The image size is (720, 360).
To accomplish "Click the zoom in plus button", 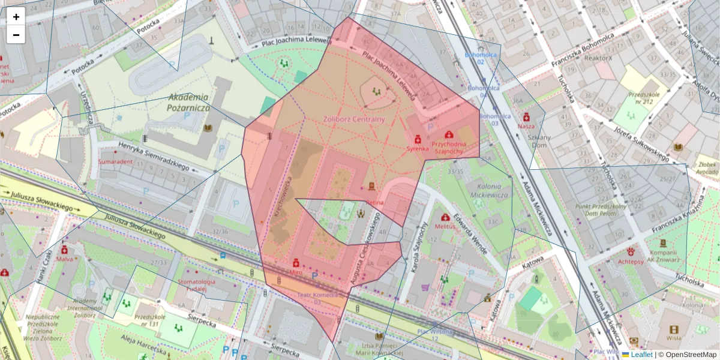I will (x=16, y=17).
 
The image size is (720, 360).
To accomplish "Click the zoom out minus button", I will (x=16, y=35).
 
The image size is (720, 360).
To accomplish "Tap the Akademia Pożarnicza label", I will (x=188, y=102).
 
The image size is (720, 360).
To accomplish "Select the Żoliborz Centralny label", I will (x=354, y=119).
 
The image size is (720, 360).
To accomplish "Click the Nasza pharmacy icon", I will (x=526, y=116).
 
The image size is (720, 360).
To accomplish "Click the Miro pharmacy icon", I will (x=296, y=263).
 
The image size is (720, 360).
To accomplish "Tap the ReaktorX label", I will (x=598, y=58).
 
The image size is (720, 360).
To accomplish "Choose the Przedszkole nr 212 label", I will (x=640, y=98).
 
